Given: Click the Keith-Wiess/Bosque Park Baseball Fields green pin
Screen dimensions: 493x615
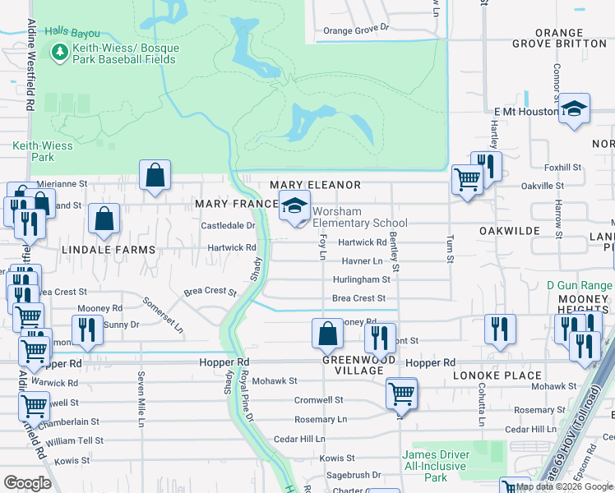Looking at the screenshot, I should [x=59, y=53].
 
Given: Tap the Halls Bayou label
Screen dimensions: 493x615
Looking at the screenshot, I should [x=72, y=33].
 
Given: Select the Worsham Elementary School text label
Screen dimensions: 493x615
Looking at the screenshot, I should [x=359, y=217].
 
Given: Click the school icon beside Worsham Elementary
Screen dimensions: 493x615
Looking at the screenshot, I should [x=294, y=205].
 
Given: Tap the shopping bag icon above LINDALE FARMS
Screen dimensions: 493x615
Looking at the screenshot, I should [x=104, y=219].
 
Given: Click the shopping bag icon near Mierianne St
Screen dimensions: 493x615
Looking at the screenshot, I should [x=155, y=174].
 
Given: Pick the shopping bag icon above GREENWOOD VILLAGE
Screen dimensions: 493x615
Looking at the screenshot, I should [x=327, y=333].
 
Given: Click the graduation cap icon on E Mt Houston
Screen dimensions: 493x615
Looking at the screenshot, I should [x=574, y=108].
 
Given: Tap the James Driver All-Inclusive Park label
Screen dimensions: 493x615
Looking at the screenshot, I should [x=436, y=466].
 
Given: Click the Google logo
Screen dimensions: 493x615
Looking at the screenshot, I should [x=27, y=483].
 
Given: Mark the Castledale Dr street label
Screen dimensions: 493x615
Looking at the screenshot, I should [x=229, y=225].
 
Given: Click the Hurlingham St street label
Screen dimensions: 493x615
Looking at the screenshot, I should [x=359, y=279].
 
